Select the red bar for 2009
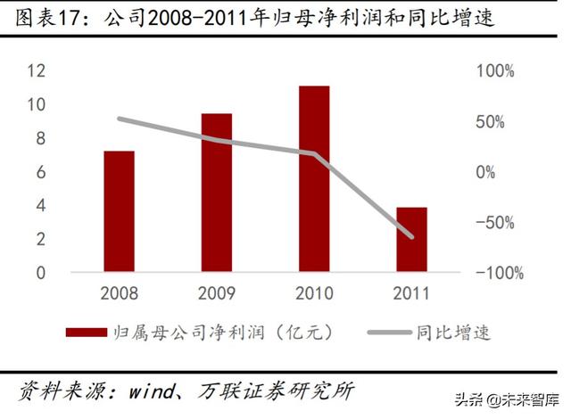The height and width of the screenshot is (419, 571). [x=216, y=193]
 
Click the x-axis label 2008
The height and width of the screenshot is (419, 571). [x=119, y=293]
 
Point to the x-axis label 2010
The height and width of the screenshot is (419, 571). [x=314, y=293]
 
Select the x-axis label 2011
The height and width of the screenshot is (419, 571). [x=411, y=293]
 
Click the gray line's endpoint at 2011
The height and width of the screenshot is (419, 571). [x=411, y=236]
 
